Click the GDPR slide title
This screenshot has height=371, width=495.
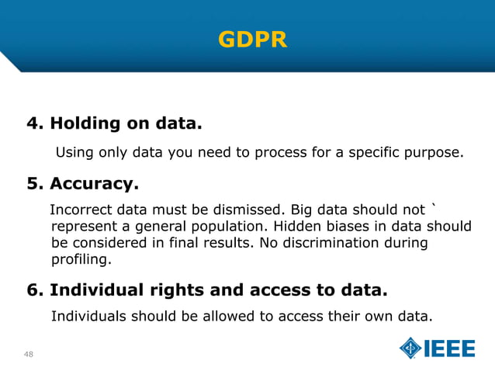pos(253,39)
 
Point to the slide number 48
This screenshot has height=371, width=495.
pos(29,355)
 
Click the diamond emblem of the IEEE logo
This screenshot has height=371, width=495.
pos(410,348)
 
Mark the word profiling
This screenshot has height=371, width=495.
pos(81,259)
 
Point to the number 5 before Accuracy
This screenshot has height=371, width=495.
pos(33,185)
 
